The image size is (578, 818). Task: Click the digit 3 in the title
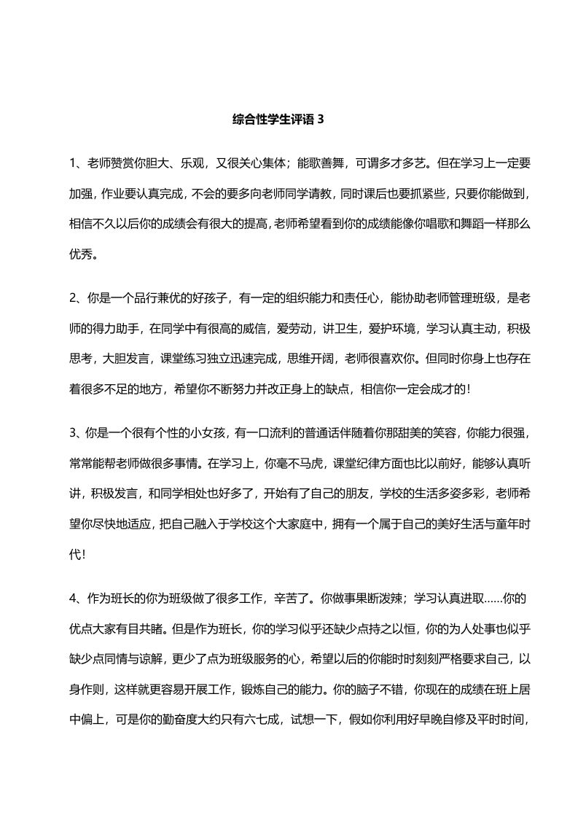(319, 120)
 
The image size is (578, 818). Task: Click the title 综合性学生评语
(273, 120)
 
